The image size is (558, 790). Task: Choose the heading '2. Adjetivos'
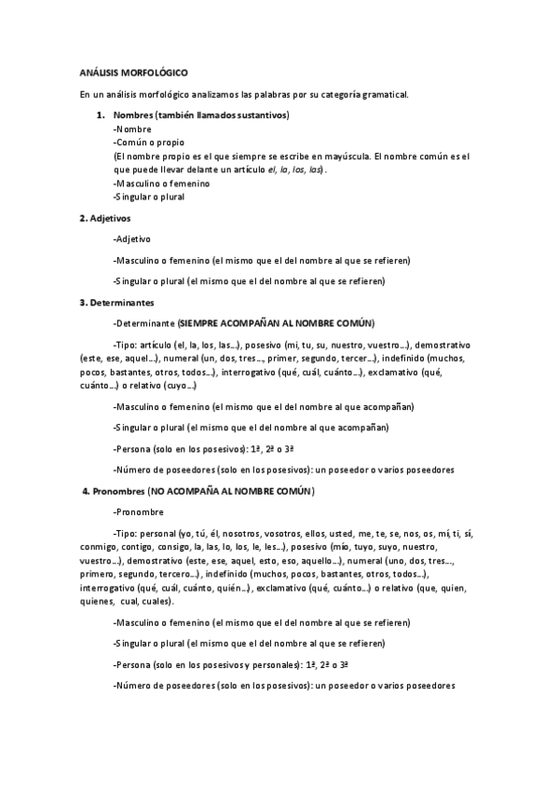pyautogui.click(x=105, y=218)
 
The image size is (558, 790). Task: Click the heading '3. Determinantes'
pyautogui.click(x=116, y=302)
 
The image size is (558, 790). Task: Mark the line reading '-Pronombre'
pyautogui.click(x=137, y=511)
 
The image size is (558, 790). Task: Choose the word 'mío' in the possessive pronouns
pyautogui.click(x=361, y=547)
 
